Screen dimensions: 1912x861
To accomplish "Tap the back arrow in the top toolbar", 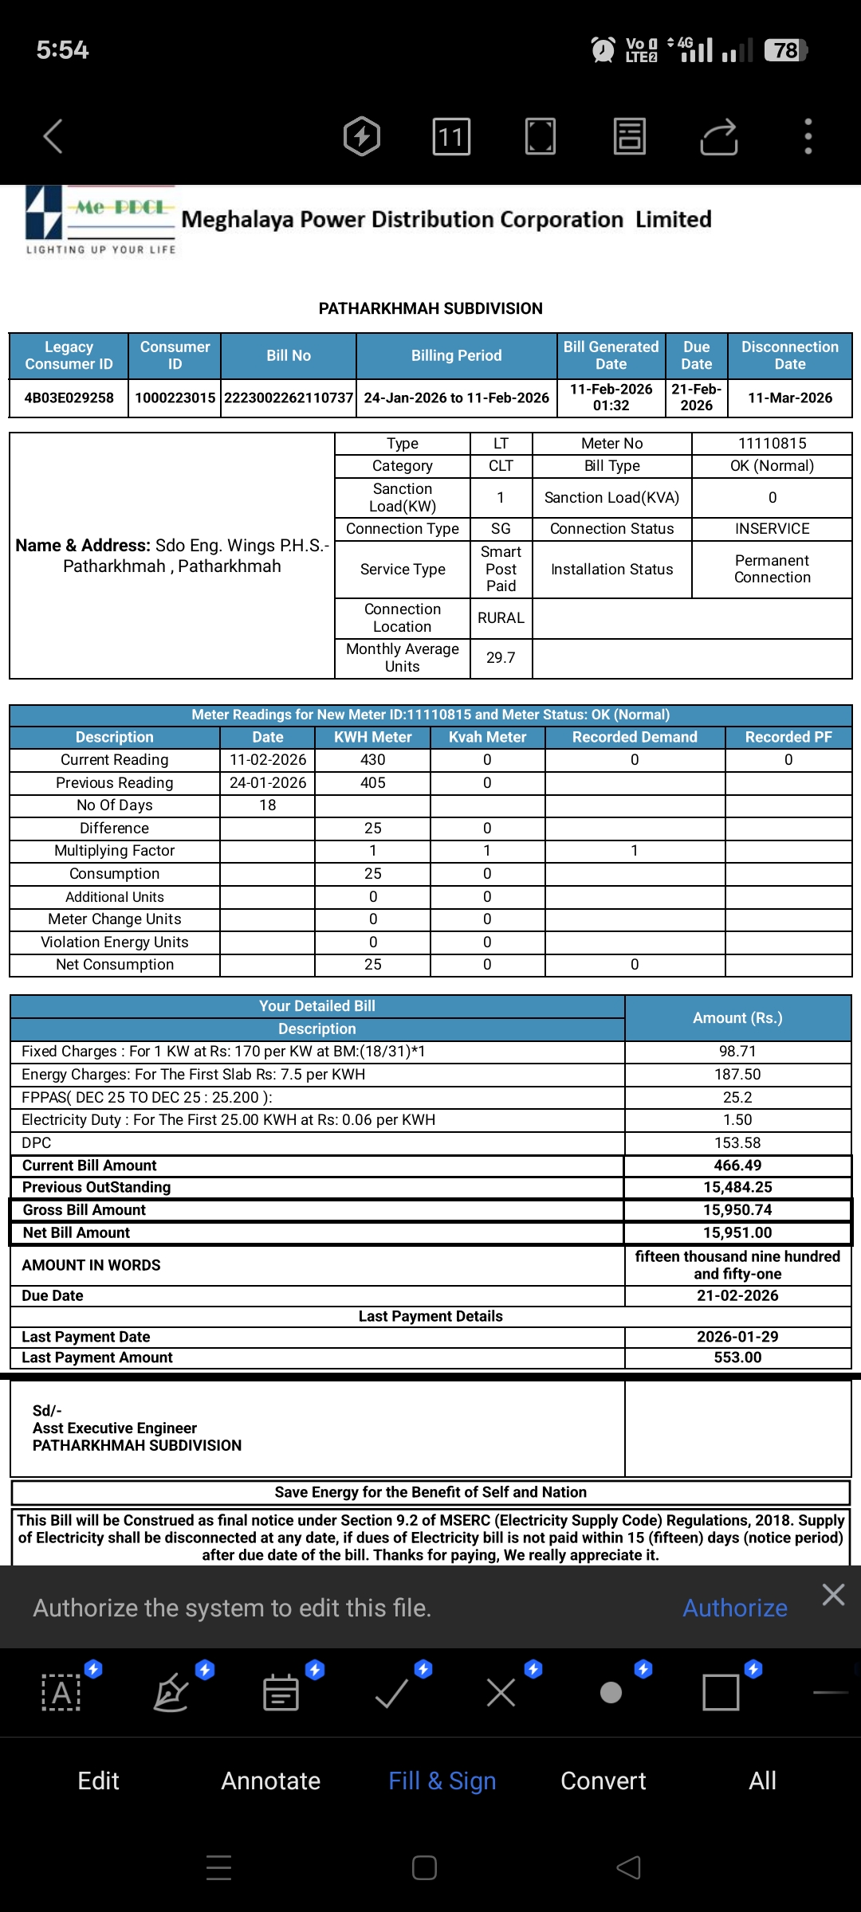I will (53, 136).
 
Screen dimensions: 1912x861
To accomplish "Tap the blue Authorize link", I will (734, 1608).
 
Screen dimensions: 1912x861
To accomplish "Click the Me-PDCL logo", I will (100, 220).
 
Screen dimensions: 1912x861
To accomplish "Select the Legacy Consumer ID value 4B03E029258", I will (69, 398).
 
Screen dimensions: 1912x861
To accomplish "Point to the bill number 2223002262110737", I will (289, 398).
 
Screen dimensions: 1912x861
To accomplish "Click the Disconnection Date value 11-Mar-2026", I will (789, 398).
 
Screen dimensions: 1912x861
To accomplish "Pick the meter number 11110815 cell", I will (772, 443).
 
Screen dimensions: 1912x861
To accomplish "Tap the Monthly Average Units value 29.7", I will (501, 657).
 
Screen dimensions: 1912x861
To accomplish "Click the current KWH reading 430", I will (372, 760).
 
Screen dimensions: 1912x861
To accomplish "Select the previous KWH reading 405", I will (372, 782).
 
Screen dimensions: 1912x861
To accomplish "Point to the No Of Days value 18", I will (268, 805).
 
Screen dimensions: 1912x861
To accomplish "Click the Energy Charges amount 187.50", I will (737, 1074).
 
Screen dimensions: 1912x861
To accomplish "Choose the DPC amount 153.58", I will (737, 1142).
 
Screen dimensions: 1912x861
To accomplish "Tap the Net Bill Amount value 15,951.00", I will (737, 1232).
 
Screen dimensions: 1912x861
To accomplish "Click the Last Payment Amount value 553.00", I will (737, 1357).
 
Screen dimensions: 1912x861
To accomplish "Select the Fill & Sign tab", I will (442, 1781).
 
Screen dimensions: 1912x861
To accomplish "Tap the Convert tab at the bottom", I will (603, 1781).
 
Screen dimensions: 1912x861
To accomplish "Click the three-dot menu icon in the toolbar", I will (808, 136).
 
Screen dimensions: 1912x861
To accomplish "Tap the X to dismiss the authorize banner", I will (833, 1594).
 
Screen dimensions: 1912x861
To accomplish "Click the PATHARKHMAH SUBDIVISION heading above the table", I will (431, 308).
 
